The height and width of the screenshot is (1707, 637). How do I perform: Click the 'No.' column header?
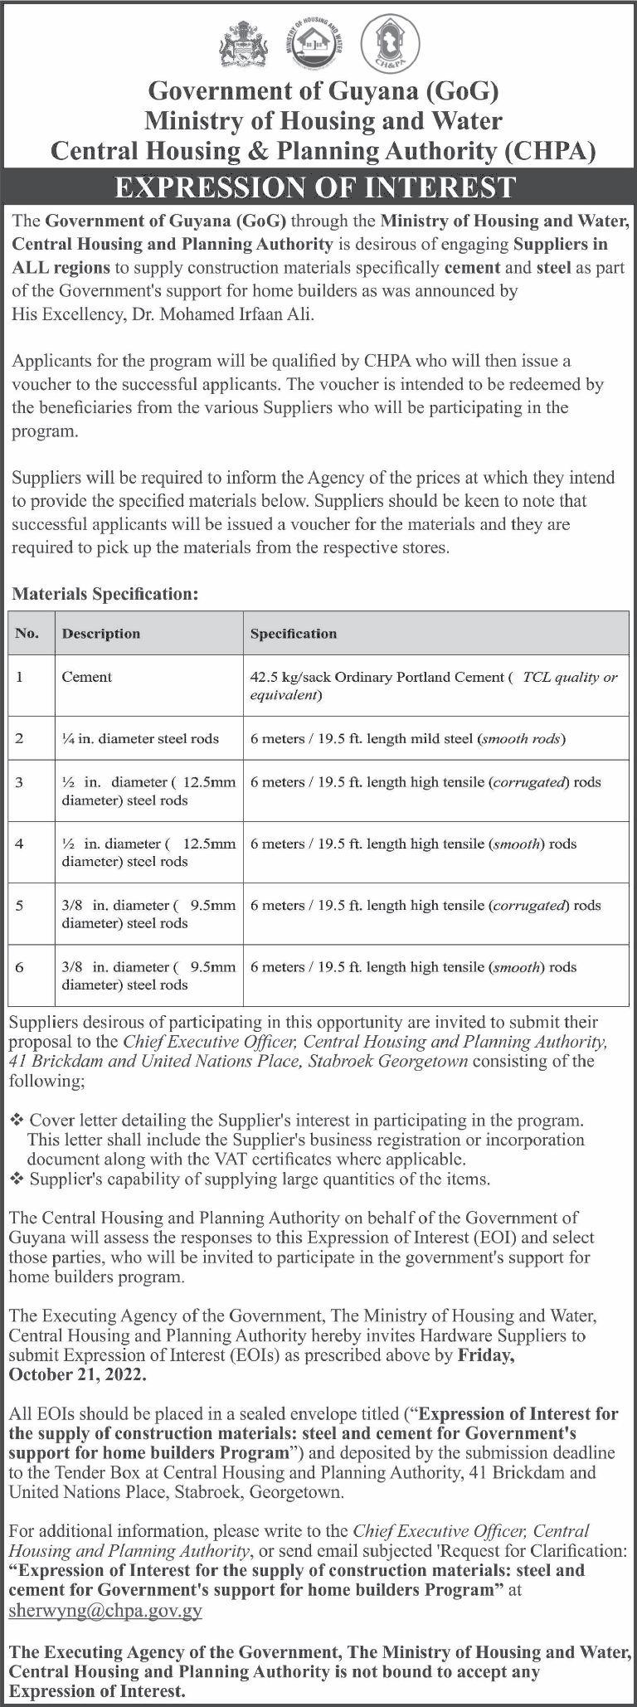(x=27, y=634)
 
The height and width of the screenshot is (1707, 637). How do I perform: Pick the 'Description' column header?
(x=101, y=634)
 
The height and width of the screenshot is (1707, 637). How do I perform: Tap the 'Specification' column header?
(x=294, y=634)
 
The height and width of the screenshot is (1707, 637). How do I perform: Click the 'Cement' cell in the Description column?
(x=86, y=677)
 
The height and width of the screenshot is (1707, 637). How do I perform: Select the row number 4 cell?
(x=19, y=844)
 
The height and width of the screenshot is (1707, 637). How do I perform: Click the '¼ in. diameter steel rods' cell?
(x=140, y=738)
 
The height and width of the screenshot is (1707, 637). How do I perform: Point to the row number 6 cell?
(x=19, y=966)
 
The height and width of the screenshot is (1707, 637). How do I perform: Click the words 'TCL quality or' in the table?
(x=570, y=677)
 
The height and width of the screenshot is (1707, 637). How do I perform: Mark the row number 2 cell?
(x=19, y=738)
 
